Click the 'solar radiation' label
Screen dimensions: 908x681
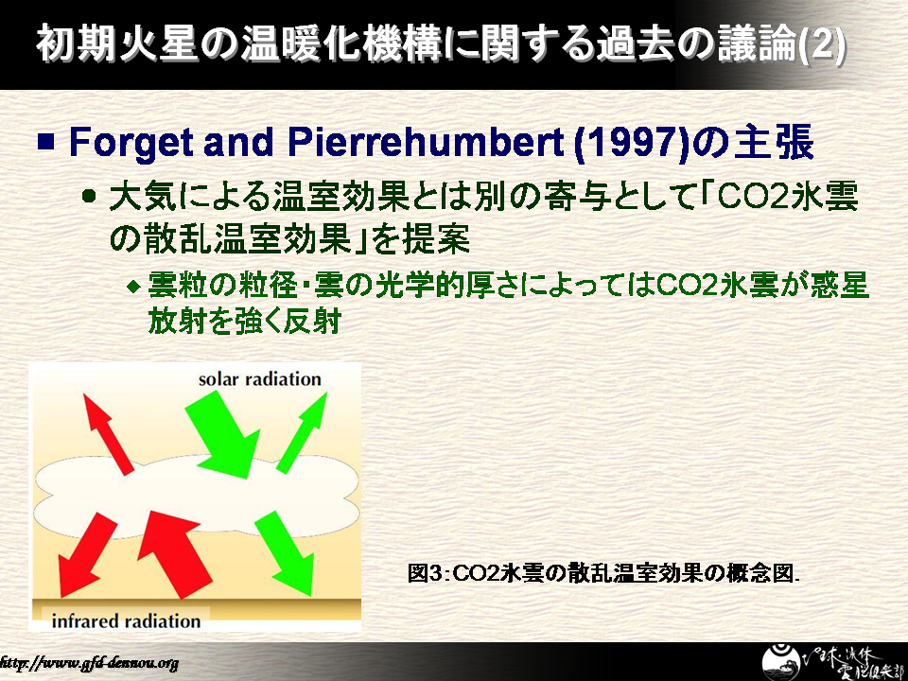coord(259,379)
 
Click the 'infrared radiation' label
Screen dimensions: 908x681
coord(126,620)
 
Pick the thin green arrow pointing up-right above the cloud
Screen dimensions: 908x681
coord(303,431)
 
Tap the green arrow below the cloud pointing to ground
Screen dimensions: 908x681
coord(285,553)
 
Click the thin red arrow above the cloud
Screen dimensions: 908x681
coord(108,434)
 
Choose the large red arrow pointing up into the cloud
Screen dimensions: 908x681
coord(175,553)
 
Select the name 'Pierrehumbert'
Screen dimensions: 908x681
coord(426,142)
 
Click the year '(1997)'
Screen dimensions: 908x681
coord(631,142)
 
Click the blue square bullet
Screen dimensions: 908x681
coord(45,142)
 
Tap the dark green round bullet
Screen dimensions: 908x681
coord(89,195)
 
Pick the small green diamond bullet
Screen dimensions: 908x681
coord(133,286)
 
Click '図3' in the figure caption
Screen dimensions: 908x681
coord(425,573)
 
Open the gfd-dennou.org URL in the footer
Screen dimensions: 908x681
coord(89,662)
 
